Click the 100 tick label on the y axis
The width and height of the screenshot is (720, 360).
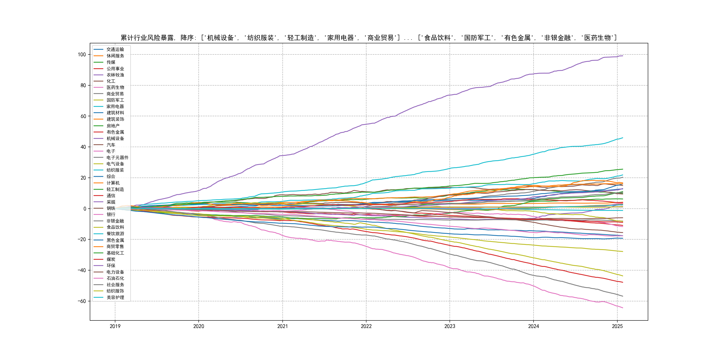tap(82, 54)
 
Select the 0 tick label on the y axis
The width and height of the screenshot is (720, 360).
tap(85, 208)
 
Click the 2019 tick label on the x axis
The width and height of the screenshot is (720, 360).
tap(115, 326)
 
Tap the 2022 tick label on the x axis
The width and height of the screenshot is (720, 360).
tap(366, 326)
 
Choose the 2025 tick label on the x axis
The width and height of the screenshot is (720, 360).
tap(617, 326)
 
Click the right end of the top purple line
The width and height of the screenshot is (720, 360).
tap(622, 56)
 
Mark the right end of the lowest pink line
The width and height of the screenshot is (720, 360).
tap(622, 308)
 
